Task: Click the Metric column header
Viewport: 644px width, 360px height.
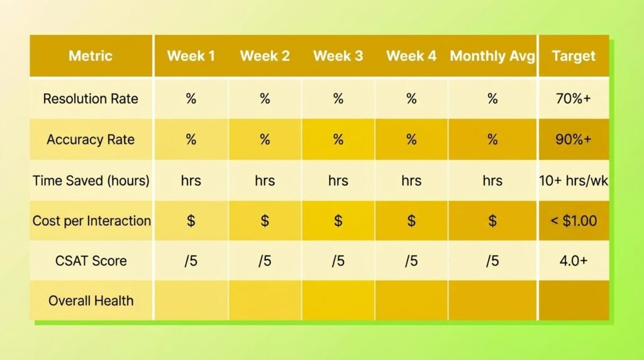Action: [91, 56]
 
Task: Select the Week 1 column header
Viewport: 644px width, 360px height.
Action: [191, 56]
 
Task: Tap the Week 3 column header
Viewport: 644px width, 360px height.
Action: [338, 56]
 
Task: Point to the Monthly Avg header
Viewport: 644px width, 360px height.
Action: [492, 56]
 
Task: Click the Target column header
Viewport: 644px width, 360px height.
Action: [574, 56]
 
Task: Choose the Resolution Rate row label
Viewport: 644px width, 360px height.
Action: [91, 99]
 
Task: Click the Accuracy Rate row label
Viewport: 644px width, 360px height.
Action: [91, 140]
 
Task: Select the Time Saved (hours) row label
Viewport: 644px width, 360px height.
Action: [91, 181]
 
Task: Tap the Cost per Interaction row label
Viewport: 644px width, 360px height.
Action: [92, 221]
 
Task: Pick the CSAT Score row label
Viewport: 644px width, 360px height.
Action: [91, 261]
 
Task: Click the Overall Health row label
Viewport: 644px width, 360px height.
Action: [91, 301]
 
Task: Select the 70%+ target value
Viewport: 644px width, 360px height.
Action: [574, 99]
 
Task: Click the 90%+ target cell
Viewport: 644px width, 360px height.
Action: [574, 140]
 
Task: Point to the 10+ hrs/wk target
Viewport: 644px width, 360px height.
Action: [574, 181]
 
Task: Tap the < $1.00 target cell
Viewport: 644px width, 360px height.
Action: [574, 221]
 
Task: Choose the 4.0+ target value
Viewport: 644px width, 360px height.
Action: [574, 261]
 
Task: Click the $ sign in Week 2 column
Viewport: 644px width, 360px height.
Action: [265, 221]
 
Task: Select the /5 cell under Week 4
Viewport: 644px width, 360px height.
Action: [411, 261]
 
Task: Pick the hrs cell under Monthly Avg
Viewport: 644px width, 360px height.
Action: [492, 181]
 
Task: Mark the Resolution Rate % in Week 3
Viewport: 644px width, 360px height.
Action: [338, 99]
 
